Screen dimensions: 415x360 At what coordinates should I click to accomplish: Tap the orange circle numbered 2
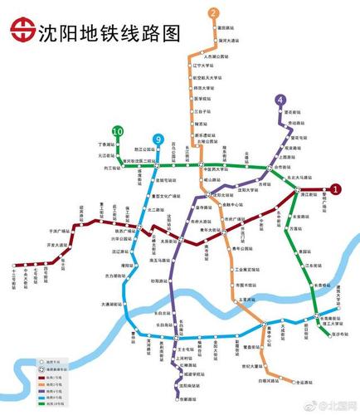[x=213, y=13]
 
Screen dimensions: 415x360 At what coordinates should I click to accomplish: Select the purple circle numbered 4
[x=280, y=100]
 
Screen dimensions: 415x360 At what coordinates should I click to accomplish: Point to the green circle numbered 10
[x=119, y=132]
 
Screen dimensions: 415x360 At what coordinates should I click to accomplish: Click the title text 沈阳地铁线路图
[x=108, y=32]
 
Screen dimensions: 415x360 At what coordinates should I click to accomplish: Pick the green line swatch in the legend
[x=27, y=405]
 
